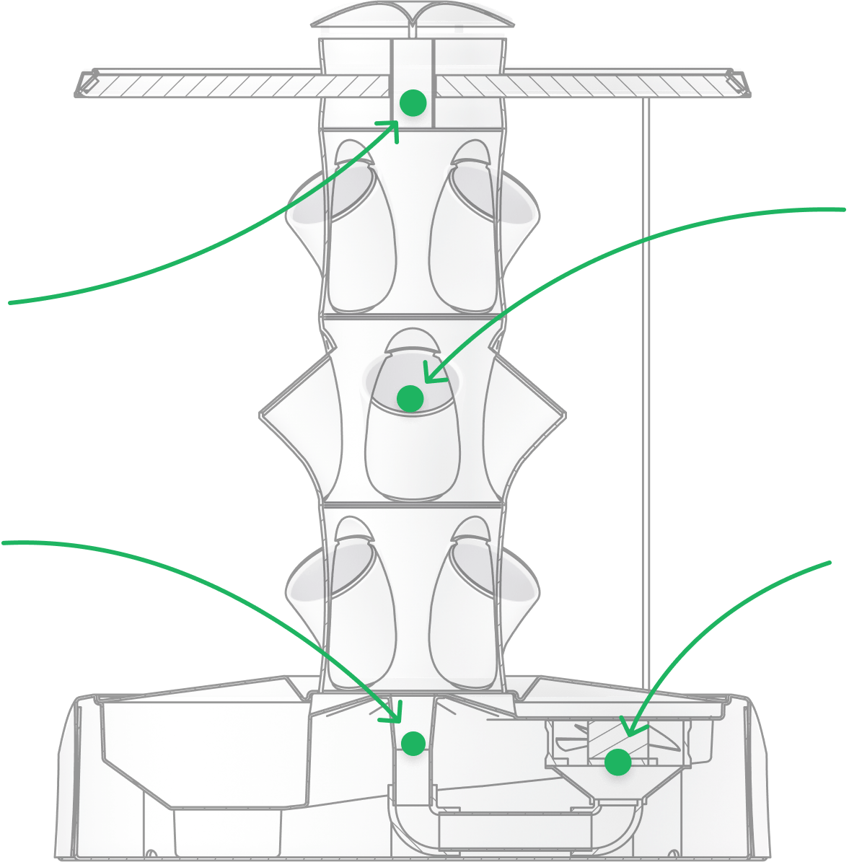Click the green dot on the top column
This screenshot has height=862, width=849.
point(413,103)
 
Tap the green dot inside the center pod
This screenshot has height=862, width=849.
point(410,398)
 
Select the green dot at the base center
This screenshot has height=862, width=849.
point(413,743)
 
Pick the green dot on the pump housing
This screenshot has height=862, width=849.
point(617,762)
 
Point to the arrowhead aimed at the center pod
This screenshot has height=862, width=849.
point(428,376)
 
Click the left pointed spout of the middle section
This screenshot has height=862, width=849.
point(270,414)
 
